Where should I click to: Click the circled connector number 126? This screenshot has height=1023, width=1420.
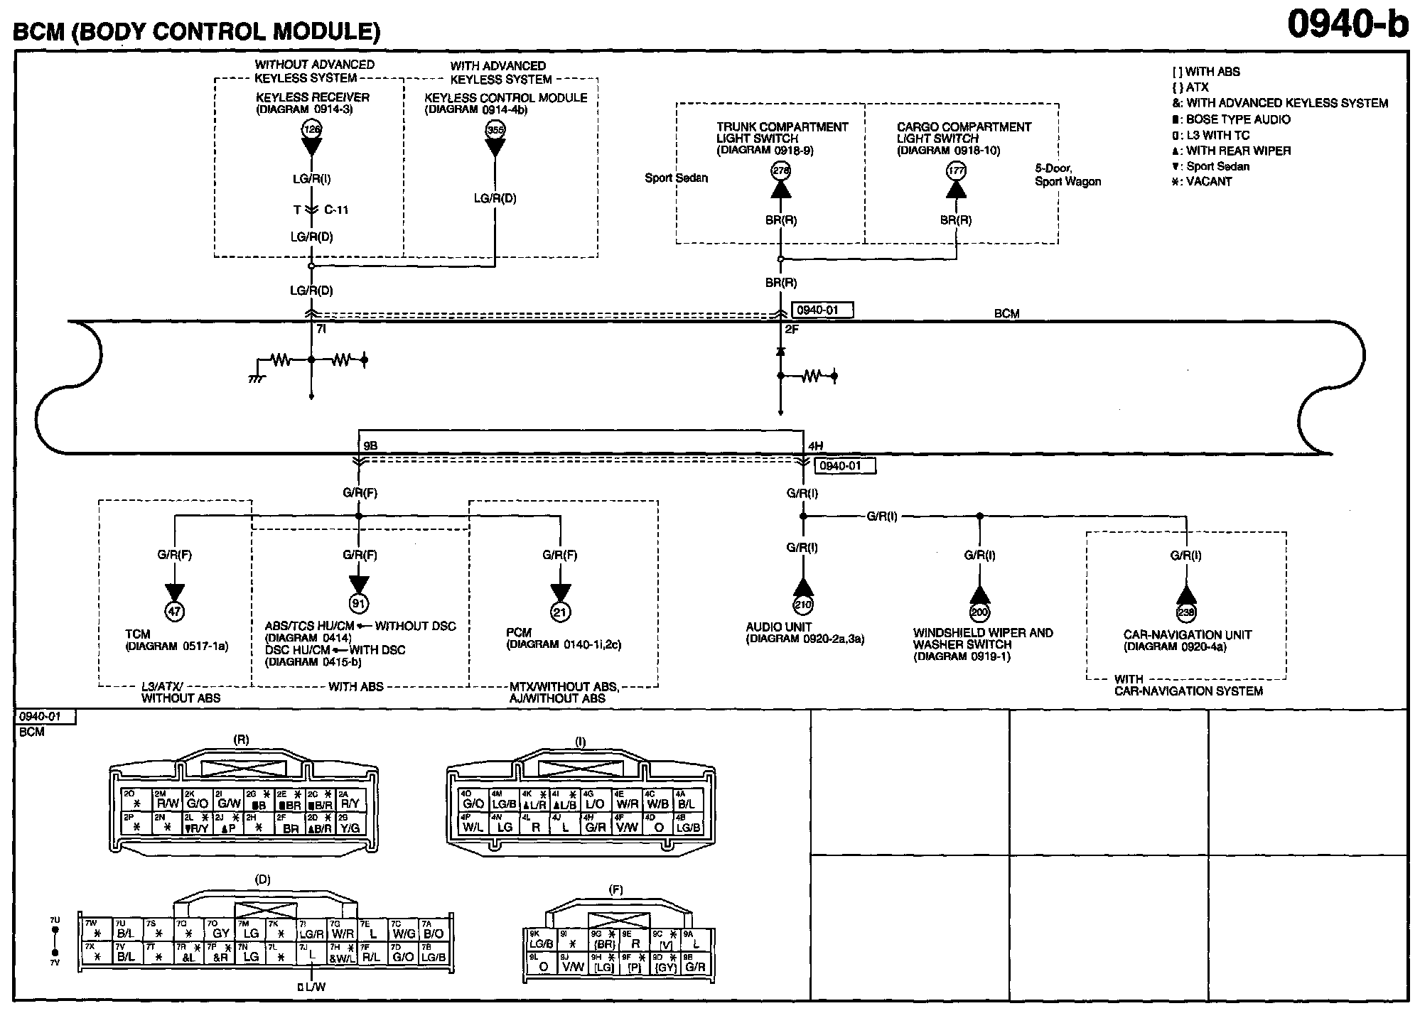point(311,129)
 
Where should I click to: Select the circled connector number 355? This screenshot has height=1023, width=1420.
point(495,129)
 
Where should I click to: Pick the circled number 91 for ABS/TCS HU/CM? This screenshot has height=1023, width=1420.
point(358,604)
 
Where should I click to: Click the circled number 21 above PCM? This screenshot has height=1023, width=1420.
point(561,611)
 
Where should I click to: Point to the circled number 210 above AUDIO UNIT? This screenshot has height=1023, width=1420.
point(803,605)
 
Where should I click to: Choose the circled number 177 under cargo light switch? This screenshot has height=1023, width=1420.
point(956,170)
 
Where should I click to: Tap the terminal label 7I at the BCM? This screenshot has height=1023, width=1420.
point(321,329)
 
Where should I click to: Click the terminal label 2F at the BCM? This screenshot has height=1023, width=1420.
point(792,330)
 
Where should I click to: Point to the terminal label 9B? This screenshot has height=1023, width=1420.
point(370,446)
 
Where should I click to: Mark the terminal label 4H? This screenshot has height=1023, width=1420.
point(815,446)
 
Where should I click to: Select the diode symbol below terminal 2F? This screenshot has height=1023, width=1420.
point(780,352)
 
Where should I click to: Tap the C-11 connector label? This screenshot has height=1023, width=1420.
point(336,210)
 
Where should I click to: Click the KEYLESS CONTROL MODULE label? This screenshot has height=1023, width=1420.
point(506,98)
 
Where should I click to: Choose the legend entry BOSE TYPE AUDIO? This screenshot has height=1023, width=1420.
point(1237,119)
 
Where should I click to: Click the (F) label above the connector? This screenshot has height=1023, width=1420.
point(616,889)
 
